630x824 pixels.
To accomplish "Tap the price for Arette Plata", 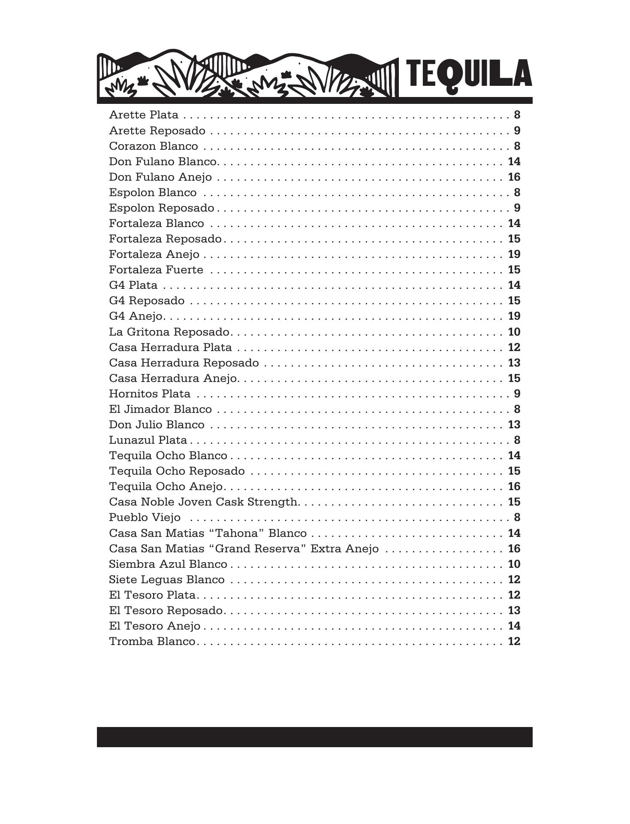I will (x=517, y=115).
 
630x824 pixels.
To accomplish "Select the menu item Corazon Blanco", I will (x=154, y=146).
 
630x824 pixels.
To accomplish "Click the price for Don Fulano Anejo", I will (x=514, y=177).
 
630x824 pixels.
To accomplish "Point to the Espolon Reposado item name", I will (x=161, y=208).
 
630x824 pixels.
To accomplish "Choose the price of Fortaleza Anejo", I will (x=514, y=254).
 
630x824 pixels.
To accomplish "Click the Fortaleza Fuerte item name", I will (x=156, y=270).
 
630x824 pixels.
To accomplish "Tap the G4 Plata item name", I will (x=133, y=285).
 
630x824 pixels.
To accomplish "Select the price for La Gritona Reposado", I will (x=514, y=332).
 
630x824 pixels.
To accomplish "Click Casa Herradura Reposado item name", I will (x=184, y=363).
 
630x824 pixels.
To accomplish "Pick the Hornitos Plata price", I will (x=517, y=394).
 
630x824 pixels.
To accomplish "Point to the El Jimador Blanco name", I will (x=160, y=409).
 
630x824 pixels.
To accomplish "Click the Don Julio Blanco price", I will (x=514, y=425).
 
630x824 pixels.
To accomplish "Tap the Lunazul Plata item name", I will (x=148, y=440).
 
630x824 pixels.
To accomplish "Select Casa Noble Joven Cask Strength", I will (x=204, y=502).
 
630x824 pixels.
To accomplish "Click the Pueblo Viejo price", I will (x=517, y=518).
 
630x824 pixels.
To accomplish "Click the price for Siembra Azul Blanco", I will (x=514, y=564).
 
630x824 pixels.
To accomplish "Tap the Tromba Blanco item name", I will (x=152, y=642).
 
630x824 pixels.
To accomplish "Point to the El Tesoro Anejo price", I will (x=514, y=626).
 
